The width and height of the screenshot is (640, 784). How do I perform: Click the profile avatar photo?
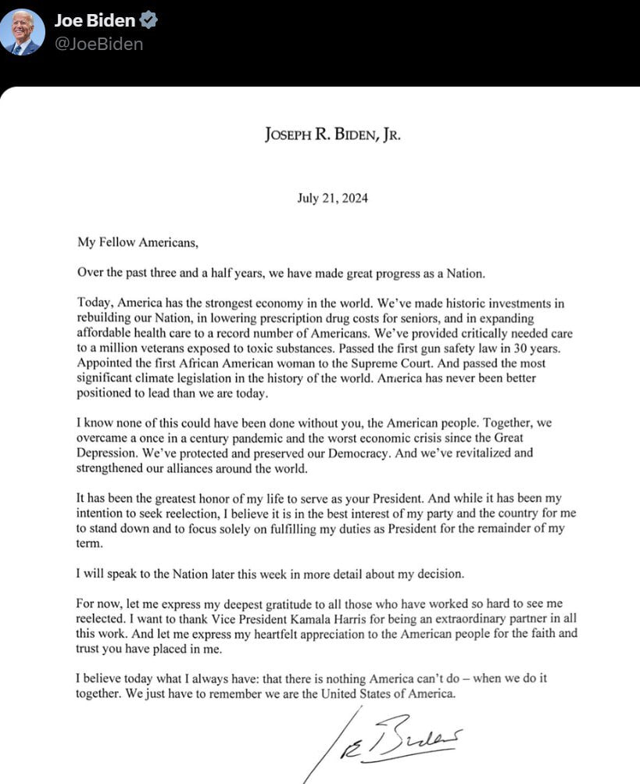tap(22, 32)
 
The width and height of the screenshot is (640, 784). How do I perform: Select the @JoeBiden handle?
tap(98, 44)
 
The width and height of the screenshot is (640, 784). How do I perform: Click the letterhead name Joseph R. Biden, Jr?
tap(332, 134)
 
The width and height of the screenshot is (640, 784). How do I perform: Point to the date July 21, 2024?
tap(332, 198)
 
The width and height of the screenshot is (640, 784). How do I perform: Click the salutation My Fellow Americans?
tap(138, 242)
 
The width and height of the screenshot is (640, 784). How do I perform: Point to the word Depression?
tap(109, 452)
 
